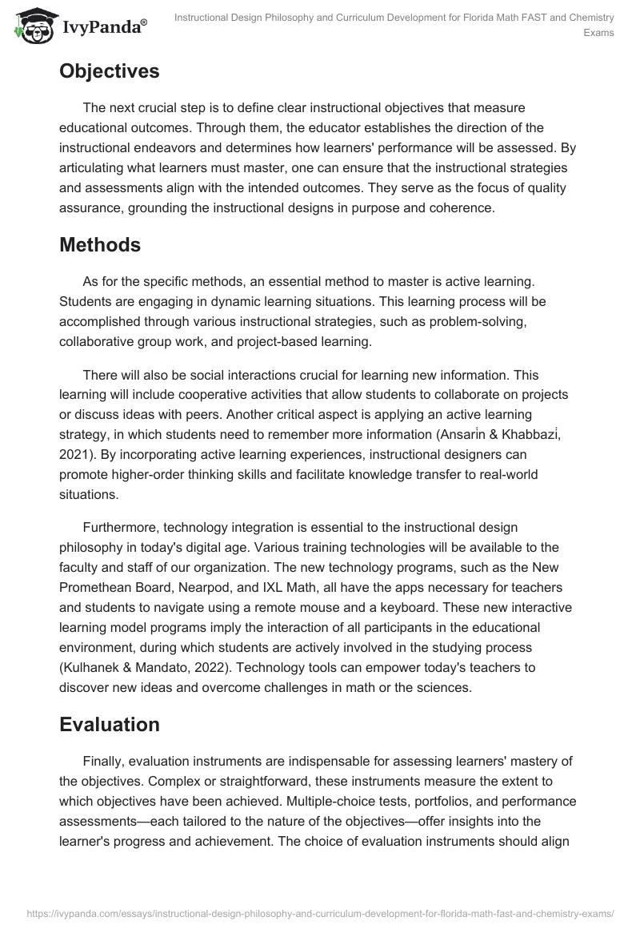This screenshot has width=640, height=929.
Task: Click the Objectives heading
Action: coord(109,71)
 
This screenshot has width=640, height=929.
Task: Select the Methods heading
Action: coord(99,245)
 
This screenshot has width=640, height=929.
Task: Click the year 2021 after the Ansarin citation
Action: coord(76,453)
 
